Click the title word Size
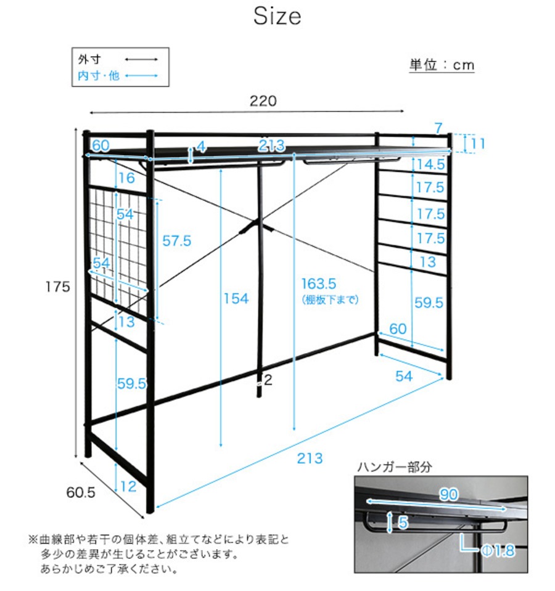(277, 17)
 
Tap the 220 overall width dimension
(263, 100)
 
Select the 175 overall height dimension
(57, 287)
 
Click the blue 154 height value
(236, 299)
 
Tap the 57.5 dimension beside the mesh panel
(176, 241)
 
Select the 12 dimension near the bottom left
(128, 487)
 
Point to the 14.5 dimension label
(430, 165)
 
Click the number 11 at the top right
(478, 144)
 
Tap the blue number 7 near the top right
(438, 129)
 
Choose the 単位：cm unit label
(442, 65)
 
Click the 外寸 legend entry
(89, 60)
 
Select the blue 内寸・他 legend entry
(98, 76)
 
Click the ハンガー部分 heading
(395, 467)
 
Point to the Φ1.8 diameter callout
(497, 550)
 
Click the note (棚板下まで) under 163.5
(330, 300)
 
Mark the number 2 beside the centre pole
(268, 380)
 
